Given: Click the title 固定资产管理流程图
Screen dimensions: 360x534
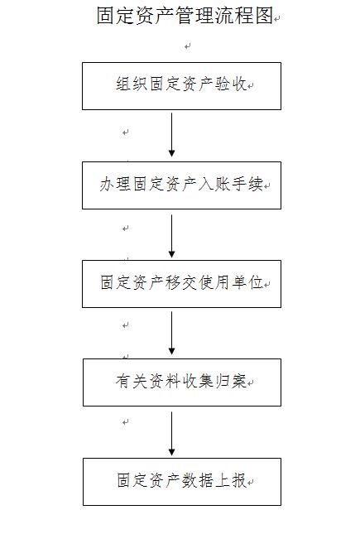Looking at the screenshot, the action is [x=185, y=16].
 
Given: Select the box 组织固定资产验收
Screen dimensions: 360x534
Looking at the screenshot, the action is [x=181, y=86].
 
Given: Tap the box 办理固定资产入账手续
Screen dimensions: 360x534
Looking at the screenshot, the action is [x=181, y=185].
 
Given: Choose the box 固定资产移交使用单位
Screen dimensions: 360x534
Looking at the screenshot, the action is [x=181, y=284].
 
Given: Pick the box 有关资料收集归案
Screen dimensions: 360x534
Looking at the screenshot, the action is [x=182, y=382].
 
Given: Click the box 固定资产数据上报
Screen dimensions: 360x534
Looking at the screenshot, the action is [x=182, y=482].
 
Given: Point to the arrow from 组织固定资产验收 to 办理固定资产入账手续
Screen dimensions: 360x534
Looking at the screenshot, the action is [x=171, y=135].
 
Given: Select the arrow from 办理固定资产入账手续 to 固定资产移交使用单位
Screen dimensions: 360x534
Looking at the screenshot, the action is [x=171, y=236].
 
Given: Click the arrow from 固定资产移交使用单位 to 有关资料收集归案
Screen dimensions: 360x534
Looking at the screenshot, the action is [x=171, y=333].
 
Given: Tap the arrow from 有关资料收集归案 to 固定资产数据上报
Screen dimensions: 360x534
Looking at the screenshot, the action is [x=171, y=434].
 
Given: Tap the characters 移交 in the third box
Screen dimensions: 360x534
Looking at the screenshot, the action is [x=181, y=282].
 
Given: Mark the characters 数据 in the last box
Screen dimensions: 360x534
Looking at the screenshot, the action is [x=198, y=480].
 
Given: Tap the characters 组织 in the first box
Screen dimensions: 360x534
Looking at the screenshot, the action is [x=131, y=84].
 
